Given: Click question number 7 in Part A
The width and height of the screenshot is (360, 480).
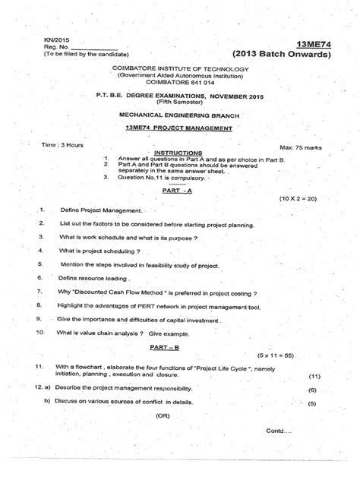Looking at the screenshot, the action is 38,292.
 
